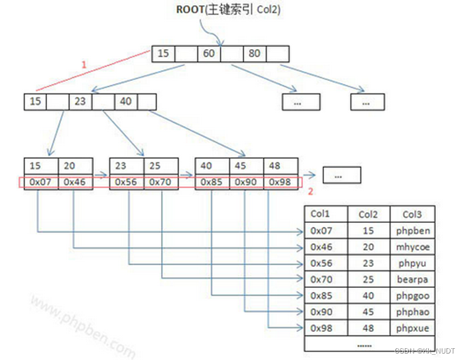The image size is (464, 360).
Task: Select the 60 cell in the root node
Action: point(209,54)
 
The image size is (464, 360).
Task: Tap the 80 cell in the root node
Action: point(254,54)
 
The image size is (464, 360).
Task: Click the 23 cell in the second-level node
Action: point(80,101)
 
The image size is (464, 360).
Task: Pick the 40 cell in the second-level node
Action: point(126,101)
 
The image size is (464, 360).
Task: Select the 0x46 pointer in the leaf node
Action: point(75,182)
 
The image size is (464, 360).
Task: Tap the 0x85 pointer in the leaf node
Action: point(212,182)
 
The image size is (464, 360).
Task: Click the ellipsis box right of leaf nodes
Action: point(341,175)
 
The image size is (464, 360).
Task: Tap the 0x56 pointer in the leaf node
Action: point(126,182)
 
